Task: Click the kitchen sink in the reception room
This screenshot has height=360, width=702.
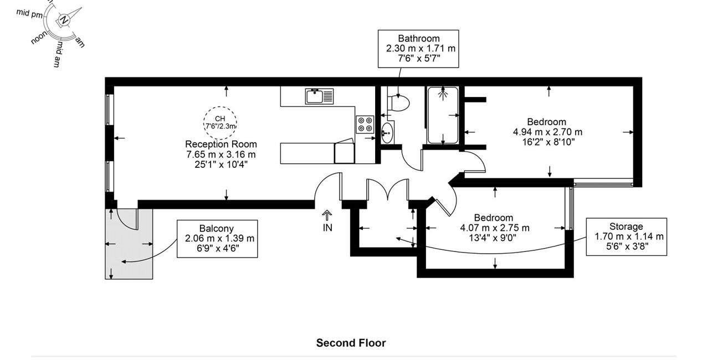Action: click(x=320, y=96)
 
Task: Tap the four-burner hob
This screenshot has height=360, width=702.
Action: click(x=365, y=124)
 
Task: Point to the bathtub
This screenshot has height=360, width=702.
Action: click(x=442, y=115)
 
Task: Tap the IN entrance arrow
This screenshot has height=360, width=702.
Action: click(x=327, y=220)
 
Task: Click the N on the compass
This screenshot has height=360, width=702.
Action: click(x=65, y=20)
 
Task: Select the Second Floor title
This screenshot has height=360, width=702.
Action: click(x=351, y=343)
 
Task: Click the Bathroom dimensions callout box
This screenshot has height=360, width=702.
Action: click(x=418, y=49)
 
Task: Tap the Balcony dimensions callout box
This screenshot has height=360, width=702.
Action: click(x=217, y=238)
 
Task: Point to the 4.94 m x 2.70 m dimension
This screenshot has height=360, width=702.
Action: click(x=547, y=132)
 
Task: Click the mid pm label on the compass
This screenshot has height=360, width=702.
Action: click(x=29, y=14)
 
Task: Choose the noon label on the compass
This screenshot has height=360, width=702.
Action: click(x=39, y=39)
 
